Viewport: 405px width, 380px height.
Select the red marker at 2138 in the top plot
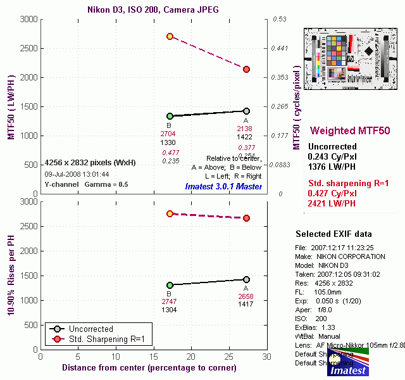pyautogui.click(x=246, y=69)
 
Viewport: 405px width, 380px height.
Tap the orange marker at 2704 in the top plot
pyautogui.click(x=170, y=36)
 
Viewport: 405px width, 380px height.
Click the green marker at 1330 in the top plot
pyautogui.click(x=170, y=116)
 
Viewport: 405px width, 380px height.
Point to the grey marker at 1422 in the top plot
pyautogui.click(x=246, y=111)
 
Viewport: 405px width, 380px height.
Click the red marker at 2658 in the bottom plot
pyautogui.click(x=246, y=218)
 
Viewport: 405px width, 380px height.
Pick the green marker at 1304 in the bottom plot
pyautogui.click(x=170, y=285)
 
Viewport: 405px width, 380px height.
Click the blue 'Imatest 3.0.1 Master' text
pyautogui.click(x=223, y=186)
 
